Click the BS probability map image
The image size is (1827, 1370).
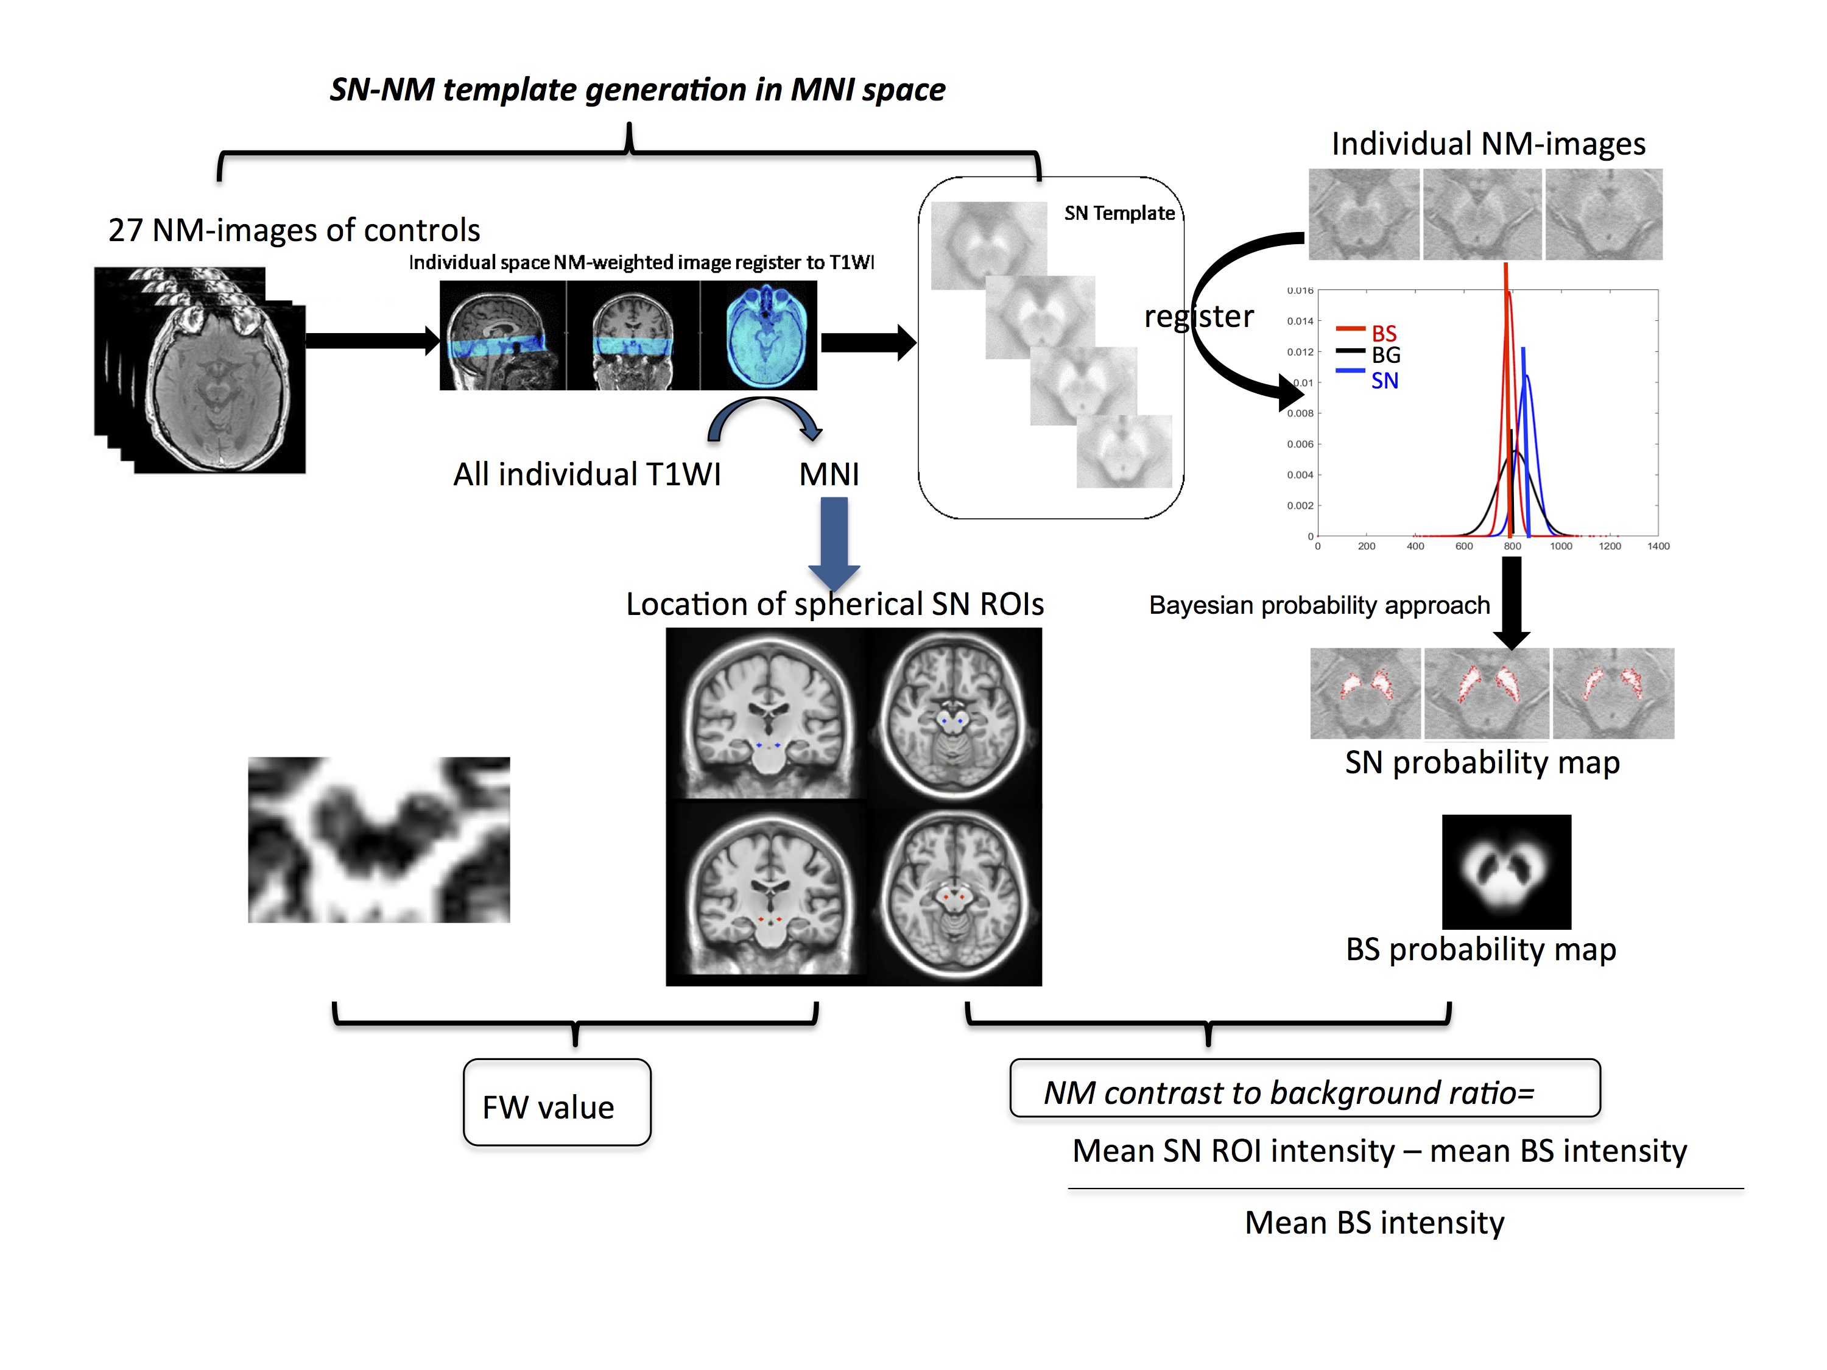point(1505,871)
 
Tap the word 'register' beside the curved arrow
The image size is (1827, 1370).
point(1198,316)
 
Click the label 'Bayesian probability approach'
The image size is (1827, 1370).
point(1319,605)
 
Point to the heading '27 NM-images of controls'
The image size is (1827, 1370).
point(294,230)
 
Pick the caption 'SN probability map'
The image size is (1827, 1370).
point(1482,762)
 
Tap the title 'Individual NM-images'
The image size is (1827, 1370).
point(1488,144)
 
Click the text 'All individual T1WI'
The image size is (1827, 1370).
point(586,475)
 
